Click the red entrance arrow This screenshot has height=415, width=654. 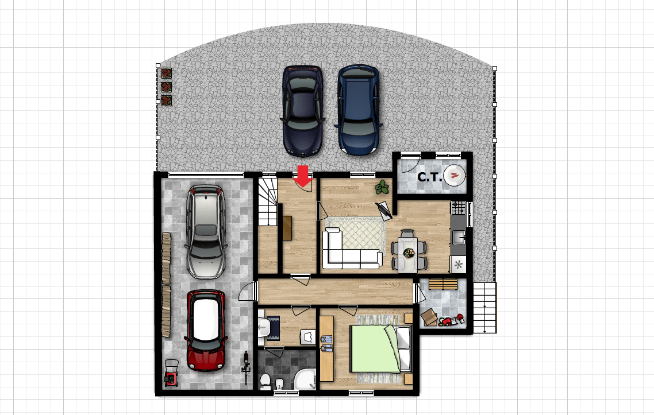click(303, 176)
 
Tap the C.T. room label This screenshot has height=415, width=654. click(430, 177)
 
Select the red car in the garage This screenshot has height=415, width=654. click(206, 331)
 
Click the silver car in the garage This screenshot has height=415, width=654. click(206, 232)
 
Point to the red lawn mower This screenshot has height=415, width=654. click(171, 373)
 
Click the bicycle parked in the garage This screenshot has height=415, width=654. click(246, 368)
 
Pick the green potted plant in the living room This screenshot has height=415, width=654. click(382, 188)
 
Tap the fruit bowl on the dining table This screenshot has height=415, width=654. click(409, 253)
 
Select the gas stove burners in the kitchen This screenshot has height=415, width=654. click(459, 208)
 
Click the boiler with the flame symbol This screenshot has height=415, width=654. click(454, 176)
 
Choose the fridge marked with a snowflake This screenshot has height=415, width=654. click(458, 264)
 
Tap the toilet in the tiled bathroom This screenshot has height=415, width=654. click(266, 381)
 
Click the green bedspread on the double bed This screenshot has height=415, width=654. click(374, 349)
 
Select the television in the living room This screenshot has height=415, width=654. click(384, 211)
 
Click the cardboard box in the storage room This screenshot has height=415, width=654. click(429, 317)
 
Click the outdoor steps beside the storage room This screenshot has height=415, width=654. click(484, 308)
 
